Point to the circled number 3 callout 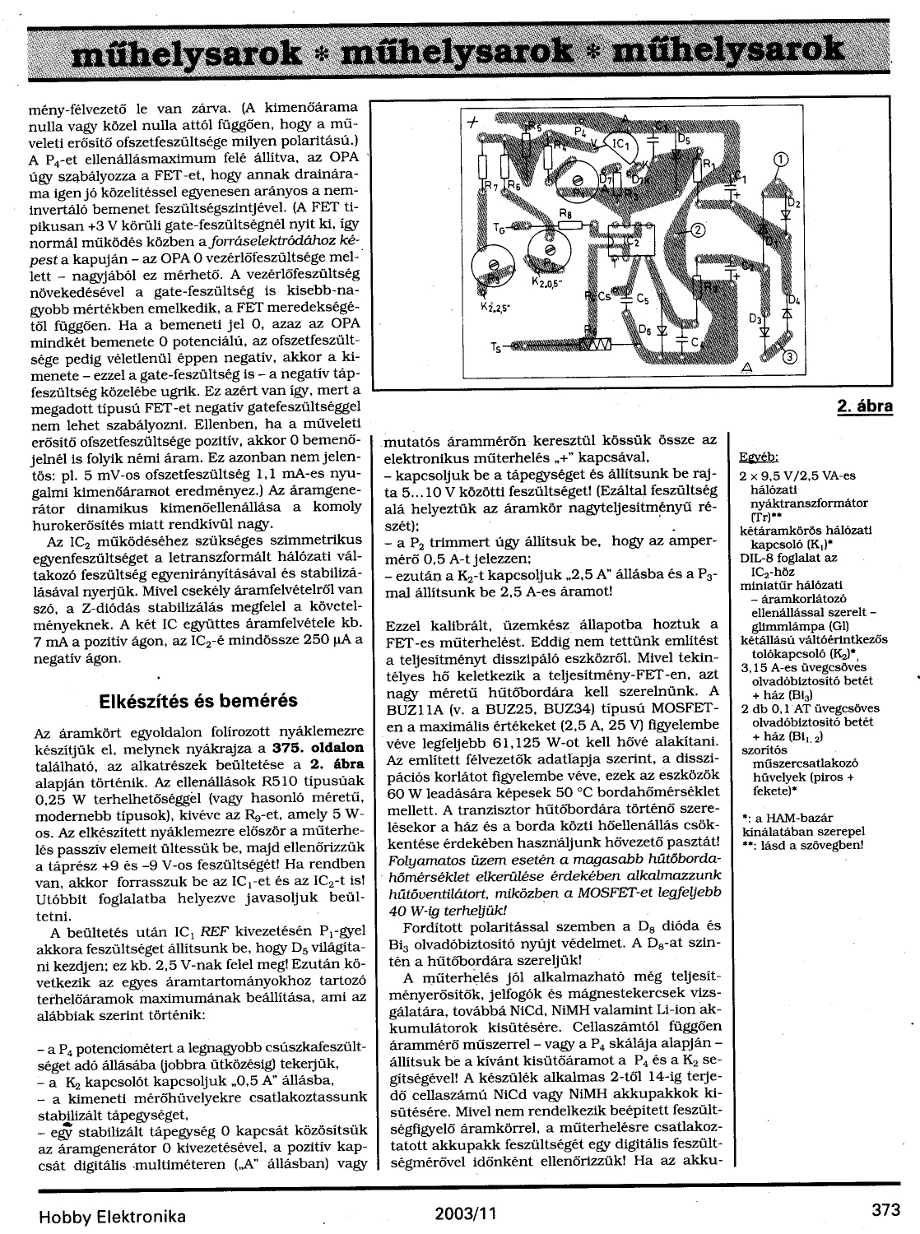tap(789, 356)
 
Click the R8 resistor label tap(565, 213)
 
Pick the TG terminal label tap(499, 229)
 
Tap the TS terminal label tap(496, 347)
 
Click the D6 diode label tap(644, 331)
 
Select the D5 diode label tap(682, 140)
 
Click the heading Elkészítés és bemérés tap(197, 702)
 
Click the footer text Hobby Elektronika tap(112, 1216)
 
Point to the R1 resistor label tap(705, 164)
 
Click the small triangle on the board tap(746, 365)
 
